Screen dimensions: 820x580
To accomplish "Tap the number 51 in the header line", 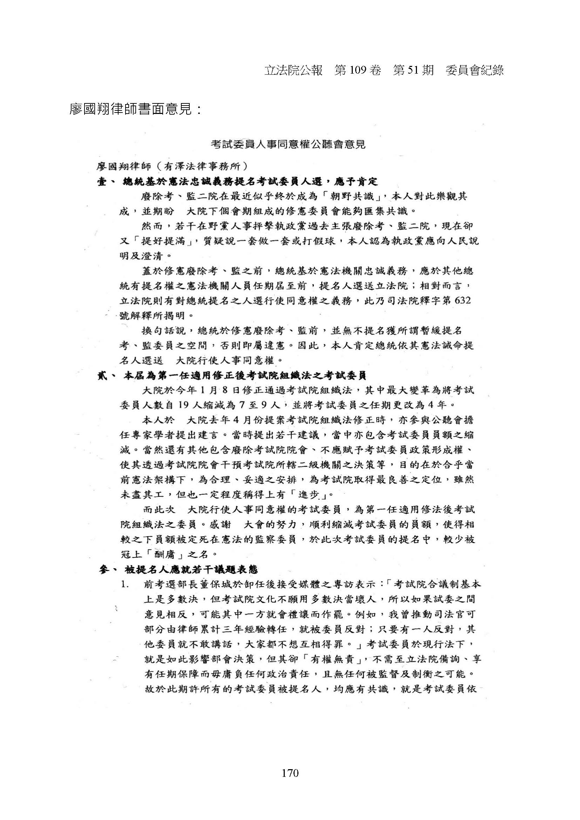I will click(411, 70).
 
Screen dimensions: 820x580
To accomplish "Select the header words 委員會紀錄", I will click(474, 70).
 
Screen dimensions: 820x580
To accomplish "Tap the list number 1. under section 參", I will click(124, 585).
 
